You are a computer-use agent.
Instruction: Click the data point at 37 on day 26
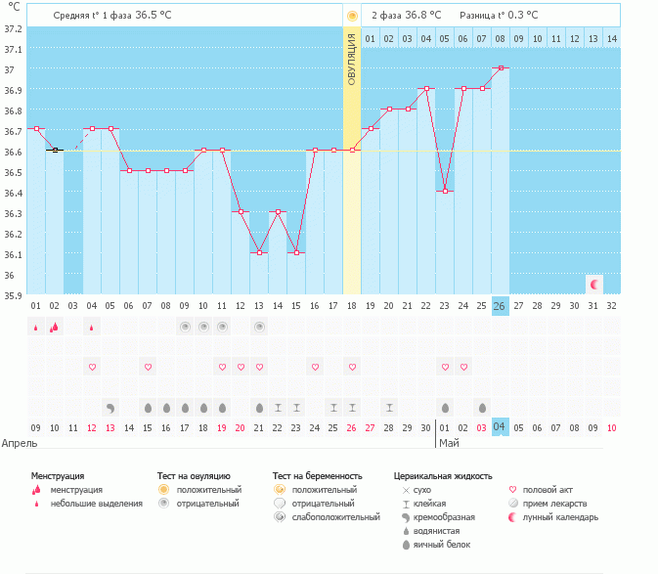coord(501,67)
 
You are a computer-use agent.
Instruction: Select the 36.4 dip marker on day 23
coord(445,192)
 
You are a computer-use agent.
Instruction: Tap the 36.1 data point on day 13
coord(259,252)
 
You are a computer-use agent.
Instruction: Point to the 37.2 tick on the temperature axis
coord(13,29)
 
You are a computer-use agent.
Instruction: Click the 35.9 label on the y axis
coord(13,296)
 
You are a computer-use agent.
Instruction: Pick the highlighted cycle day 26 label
coord(500,306)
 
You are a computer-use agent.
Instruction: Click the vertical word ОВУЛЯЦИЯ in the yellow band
coord(352,60)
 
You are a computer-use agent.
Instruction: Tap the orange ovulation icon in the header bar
coord(352,17)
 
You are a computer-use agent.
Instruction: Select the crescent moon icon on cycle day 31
coord(594,285)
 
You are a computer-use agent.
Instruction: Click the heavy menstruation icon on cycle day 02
coord(54,327)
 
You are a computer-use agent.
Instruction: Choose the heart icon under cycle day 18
coord(353,367)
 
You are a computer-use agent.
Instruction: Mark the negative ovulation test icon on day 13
coord(259,327)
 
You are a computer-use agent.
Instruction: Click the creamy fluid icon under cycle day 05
coord(110,409)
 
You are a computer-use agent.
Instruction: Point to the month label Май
coord(449,443)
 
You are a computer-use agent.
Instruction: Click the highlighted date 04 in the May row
coord(500,427)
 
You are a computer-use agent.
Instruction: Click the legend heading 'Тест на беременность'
coord(317,476)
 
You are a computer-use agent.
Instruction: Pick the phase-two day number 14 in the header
coord(612,39)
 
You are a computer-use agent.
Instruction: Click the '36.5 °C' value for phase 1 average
coord(154,15)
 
